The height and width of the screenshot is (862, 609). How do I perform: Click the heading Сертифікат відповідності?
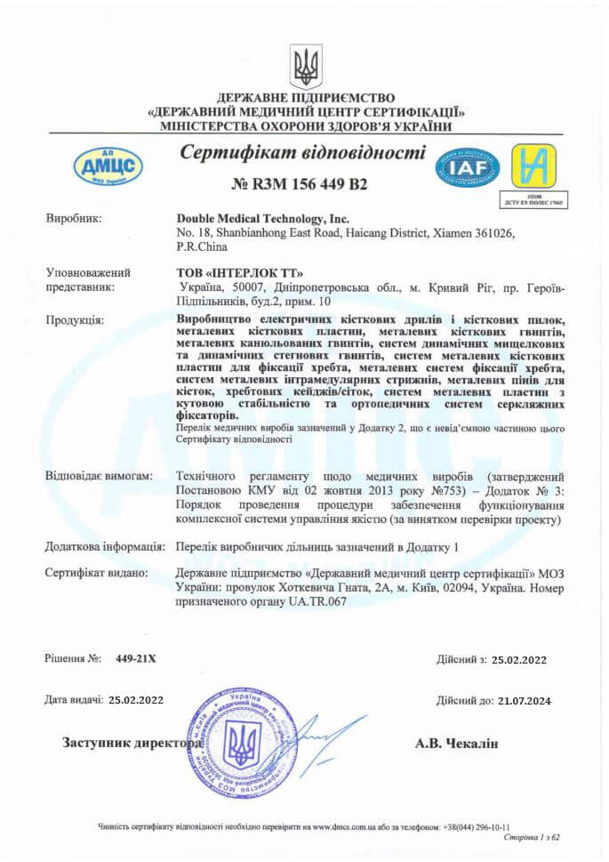pos(303,152)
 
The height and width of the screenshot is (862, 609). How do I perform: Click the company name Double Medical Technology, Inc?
pos(263,218)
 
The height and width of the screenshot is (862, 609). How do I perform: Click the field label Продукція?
pos(74,318)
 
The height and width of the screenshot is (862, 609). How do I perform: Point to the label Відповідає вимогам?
pos(100,476)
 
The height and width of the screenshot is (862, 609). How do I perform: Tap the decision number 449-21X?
pos(135,658)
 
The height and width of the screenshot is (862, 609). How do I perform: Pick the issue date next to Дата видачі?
pos(136,701)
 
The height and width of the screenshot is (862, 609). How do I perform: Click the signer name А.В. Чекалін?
pos(457,743)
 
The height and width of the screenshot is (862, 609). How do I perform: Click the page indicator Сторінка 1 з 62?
pos(531,837)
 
